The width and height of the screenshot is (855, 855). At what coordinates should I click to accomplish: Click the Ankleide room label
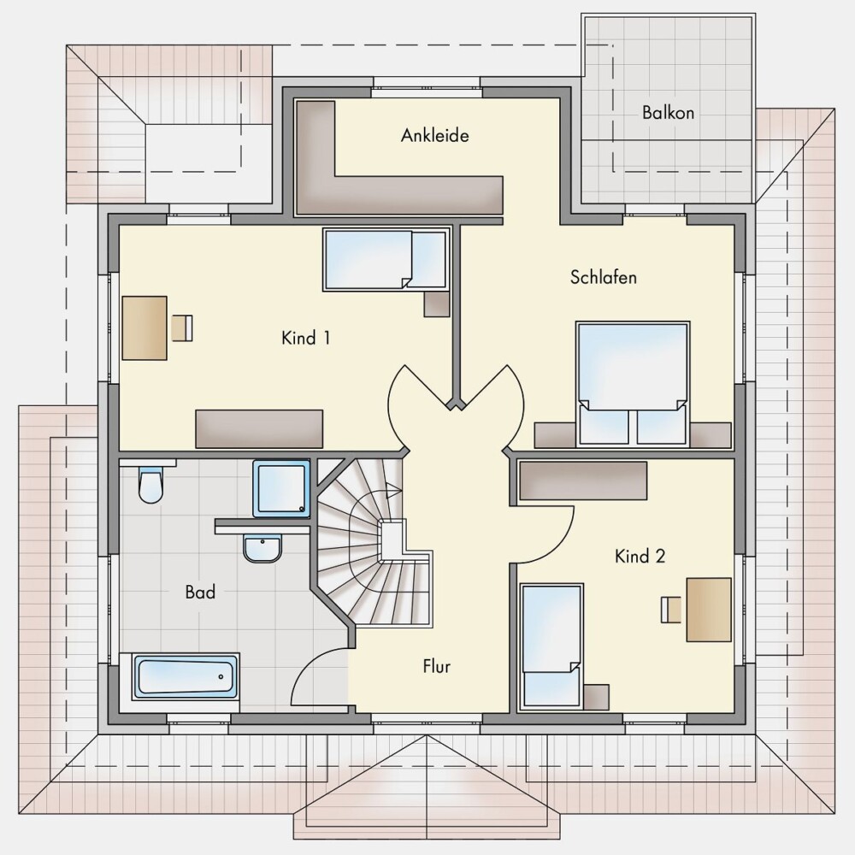tap(434, 135)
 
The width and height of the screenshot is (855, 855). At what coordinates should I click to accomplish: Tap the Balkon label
tap(668, 112)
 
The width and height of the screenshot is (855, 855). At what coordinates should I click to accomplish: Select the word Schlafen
tap(603, 277)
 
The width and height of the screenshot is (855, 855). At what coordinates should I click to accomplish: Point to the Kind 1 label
tap(305, 338)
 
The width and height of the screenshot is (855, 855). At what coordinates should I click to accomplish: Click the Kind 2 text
tap(640, 557)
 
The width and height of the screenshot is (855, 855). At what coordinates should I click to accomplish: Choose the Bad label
tap(200, 592)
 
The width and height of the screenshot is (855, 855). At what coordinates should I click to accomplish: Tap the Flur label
tap(436, 666)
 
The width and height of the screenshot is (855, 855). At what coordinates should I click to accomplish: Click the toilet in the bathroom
tap(150, 482)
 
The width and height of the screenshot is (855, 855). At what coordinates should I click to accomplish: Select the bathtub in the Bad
tap(186, 676)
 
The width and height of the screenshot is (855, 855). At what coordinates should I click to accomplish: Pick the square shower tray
tap(281, 488)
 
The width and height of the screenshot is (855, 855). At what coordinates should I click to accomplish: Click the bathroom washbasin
tap(262, 548)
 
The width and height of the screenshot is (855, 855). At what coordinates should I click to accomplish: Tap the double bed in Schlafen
tap(633, 384)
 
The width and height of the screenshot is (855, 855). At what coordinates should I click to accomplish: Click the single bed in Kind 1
tap(386, 259)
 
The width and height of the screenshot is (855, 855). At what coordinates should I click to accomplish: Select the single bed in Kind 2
tap(551, 646)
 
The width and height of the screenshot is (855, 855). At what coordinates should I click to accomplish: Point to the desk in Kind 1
tap(144, 327)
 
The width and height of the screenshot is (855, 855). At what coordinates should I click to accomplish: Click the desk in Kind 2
tap(709, 609)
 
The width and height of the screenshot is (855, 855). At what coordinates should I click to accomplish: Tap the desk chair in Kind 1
tap(182, 327)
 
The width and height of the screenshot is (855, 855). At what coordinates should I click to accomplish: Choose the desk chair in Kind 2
tap(671, 609)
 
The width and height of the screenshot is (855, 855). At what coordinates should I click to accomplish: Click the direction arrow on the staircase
tap(392, 489)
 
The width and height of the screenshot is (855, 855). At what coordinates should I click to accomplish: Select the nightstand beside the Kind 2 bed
tap(596, 697)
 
